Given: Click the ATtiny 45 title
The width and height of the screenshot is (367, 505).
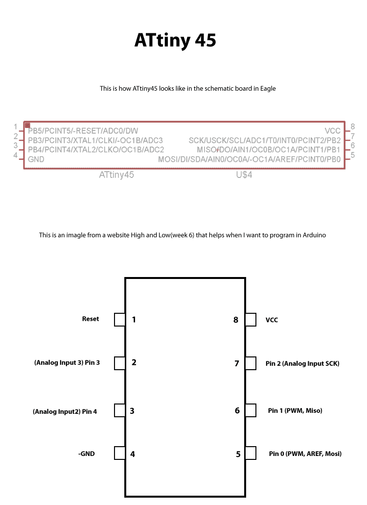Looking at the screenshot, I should click(x=175, y=41).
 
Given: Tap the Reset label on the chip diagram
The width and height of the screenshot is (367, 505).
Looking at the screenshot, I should click(x=91, y=319).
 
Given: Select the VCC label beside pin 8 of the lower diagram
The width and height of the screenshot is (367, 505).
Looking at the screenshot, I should click(x=272, y=320).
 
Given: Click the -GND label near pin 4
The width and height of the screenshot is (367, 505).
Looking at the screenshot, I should click(x=86, y=454).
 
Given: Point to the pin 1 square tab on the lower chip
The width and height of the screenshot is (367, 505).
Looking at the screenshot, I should click(x=119, y=320).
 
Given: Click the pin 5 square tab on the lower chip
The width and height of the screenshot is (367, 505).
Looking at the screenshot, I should click(x=251, y=454).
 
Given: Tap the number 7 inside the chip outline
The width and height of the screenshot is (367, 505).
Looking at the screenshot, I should click(x=237, y=363).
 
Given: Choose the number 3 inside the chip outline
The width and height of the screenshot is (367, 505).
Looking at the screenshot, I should click(x=132, y=411).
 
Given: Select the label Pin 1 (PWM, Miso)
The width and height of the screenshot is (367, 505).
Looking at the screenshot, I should click(x=295, y=411).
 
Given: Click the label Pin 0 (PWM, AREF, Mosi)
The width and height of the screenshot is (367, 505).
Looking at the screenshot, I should click(x=305, y=454).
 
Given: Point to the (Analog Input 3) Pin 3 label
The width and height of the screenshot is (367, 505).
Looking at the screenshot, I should click(x=67, y=363).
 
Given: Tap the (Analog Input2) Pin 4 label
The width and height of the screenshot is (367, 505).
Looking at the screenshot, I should click(x=65, y=412).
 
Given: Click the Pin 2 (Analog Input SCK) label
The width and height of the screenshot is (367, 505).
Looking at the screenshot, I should click(x=302, y=364).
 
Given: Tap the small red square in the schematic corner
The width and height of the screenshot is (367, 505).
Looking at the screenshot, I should click(x=27, y=126).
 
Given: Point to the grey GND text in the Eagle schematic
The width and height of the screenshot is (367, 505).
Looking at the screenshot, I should click(x=36, y=159).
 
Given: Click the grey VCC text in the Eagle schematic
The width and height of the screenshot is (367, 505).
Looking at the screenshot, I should click(x=333, y=131).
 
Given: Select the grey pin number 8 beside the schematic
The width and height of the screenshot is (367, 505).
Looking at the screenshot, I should click(x=352, y=127).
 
